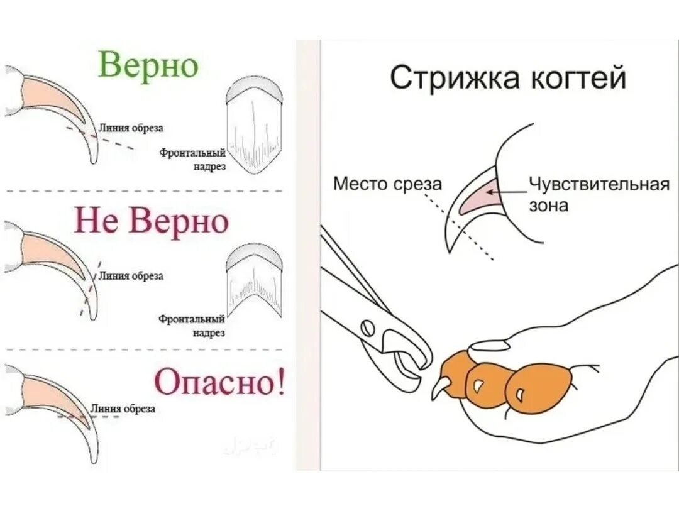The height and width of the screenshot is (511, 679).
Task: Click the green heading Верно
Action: pyautogui.click(x=148, y=65)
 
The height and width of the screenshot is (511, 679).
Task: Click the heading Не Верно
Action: pyautogui.click(x=152, y=221)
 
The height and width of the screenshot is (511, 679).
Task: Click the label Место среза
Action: pyautogui.click(x=387, y=184)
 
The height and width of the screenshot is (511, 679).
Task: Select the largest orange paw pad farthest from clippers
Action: pyautogui.click(x=540, y=390)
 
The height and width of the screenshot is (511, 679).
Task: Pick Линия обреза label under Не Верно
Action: pyautogui.click(x=131, y=275)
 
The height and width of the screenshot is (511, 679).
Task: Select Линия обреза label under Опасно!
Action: pyautogui.click(x=123, y=409)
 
